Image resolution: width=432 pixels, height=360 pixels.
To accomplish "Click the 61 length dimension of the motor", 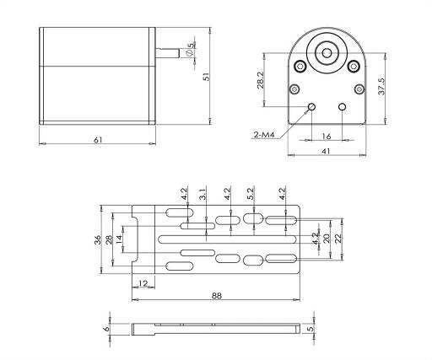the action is pos(98,140).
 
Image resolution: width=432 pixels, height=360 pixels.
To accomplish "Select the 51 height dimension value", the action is pos(207,77).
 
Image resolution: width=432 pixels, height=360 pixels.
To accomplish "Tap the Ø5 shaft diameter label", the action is pos(190,50).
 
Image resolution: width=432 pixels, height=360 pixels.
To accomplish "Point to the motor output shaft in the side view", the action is pos(167,53).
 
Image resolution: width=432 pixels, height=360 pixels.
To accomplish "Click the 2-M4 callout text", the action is pos(264,135).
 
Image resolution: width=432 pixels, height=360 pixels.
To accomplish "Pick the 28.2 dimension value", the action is pos(261,80).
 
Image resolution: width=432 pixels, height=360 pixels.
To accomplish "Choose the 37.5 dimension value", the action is pos(381,86).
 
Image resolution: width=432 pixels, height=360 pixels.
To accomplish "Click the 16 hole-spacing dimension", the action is pos(327,137).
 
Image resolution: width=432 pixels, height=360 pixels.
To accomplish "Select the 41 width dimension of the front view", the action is pos(326,152).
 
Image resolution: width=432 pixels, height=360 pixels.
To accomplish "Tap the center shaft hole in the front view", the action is pos(327,53).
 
